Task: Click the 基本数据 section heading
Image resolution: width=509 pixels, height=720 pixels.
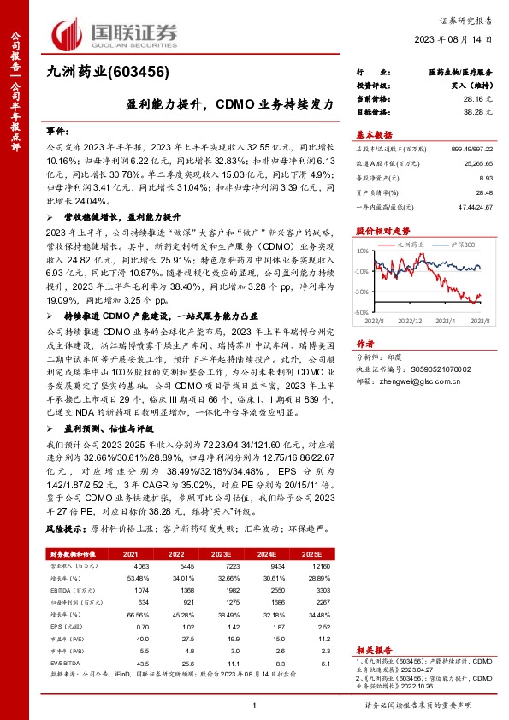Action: [374, 134]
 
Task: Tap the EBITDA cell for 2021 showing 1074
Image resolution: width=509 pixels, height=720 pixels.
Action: [141, 591]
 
